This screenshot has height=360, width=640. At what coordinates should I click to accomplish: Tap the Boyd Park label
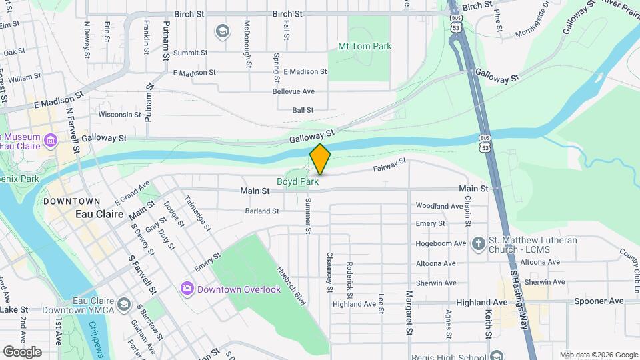pyautogui.click(x=297, y=181)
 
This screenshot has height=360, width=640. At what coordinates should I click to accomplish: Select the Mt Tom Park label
pyautogui.click(x=365, y=47)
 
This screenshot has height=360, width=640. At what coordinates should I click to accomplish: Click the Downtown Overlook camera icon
pyautogui.click(x=187, y=288)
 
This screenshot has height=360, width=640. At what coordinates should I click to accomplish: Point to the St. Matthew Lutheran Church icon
pyautogui.click(x=477, y=243)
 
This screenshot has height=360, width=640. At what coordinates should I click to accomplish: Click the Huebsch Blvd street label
pyautogui.click(x=291, y=286)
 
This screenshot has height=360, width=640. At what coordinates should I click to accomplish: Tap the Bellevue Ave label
pyautogui.click(x=293, y=91)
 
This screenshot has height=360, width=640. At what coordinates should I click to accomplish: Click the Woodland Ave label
pyautogui.click(x=439, y=206)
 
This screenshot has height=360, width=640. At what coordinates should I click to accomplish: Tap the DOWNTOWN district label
pyautogui.click(x=71, y=201)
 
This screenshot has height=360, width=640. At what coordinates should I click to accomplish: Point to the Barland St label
pyautogui.click(x=261, y=211)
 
